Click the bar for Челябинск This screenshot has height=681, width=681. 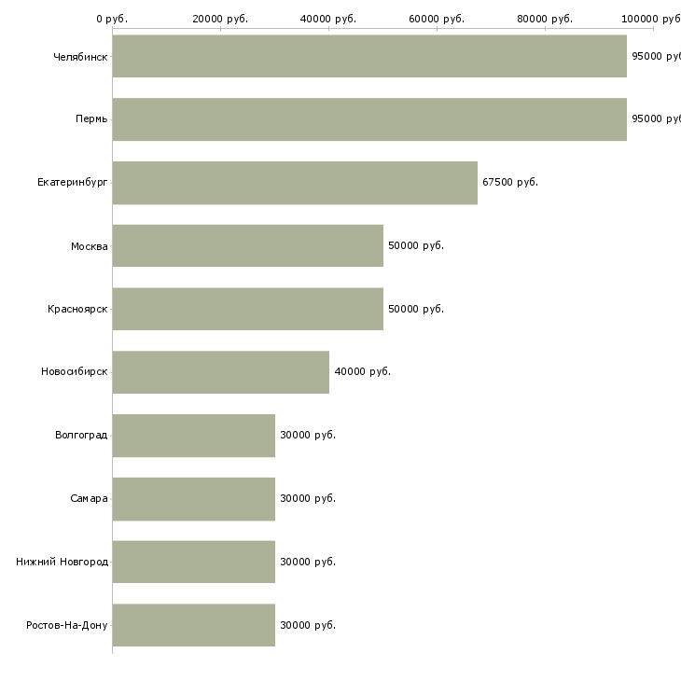pos(369,56)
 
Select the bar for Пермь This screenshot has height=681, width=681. pos(369,119)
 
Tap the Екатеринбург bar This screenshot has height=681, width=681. pos(295,183)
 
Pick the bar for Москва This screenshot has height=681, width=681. pos(248,245)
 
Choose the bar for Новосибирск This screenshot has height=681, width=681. pos(221,372)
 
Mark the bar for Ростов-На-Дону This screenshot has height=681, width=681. pos(194,625)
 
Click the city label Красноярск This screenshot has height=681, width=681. pos(77,309)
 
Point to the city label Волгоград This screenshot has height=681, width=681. pos(81,435)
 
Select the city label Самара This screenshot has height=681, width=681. pos(89,498)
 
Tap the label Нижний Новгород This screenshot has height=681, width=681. pos(62,562)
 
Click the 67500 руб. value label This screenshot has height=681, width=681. pos(510,182)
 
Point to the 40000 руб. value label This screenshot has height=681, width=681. pos(362,371)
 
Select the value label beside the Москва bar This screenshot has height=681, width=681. pos(416,245)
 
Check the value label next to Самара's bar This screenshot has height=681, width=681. pos(308,498)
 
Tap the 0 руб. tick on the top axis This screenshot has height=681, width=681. pos(112,19)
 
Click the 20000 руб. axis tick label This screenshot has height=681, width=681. pos(220,19)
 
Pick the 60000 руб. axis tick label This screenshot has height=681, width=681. pos(437,19)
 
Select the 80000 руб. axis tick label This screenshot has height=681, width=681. pos(545,19)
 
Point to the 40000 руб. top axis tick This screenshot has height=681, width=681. pos(328,19)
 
